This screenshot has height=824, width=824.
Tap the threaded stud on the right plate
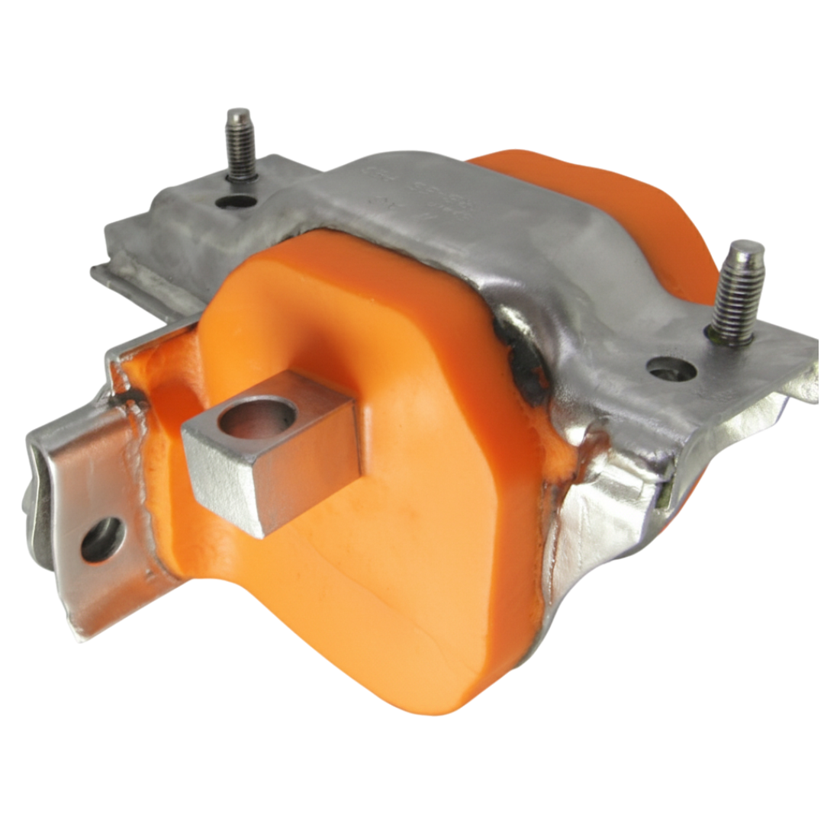click(737, 294)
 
